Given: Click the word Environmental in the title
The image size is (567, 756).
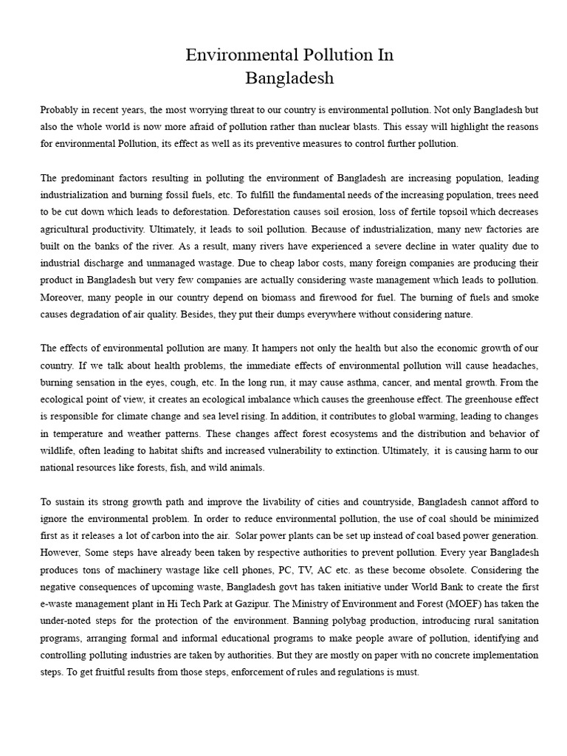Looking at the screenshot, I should (247, 55).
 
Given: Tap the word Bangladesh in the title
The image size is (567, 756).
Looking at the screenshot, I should (289, 77).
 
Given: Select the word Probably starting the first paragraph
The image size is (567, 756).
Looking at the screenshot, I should (60, 110).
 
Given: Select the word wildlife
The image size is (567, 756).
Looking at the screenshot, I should (59, 451).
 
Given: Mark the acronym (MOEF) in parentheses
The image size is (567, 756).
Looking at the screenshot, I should (435, 605).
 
